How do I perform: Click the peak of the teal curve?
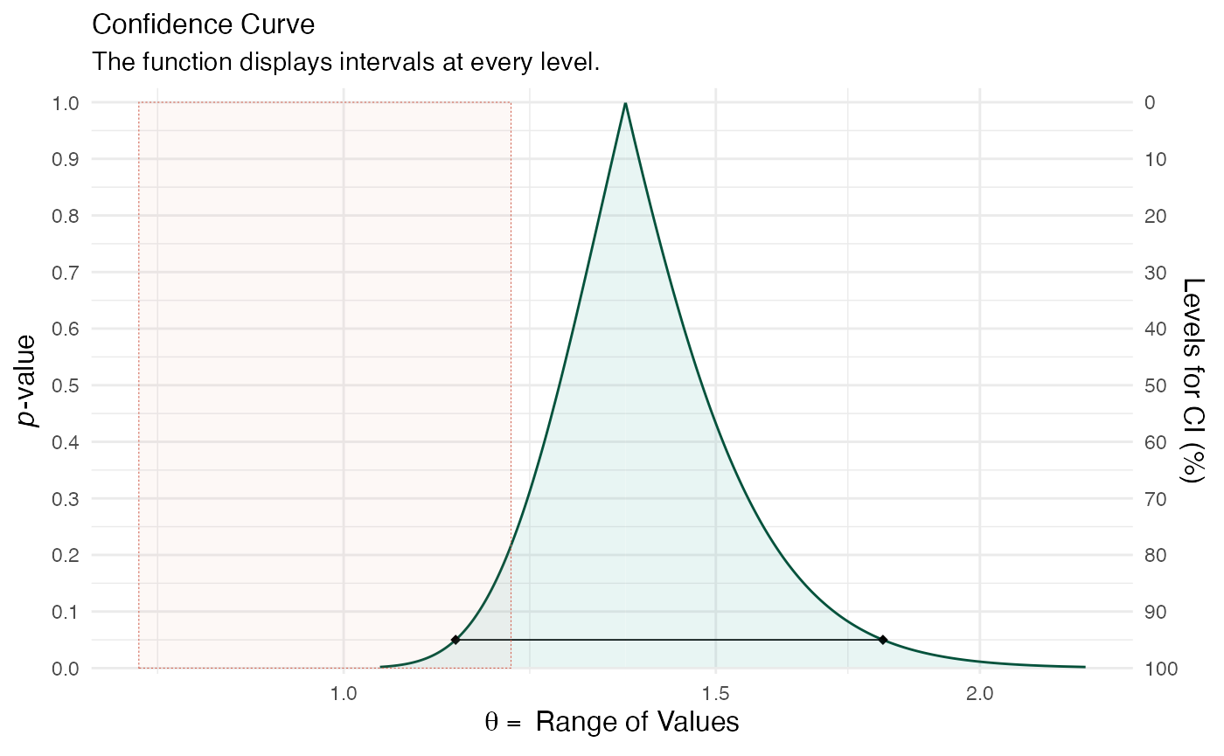[x=625, y=105]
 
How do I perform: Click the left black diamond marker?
[x=456, y=640]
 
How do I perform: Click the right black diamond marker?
[x=883, y=640]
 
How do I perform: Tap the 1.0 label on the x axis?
[x=344, y=693]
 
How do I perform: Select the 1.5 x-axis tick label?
[x=716, y=693]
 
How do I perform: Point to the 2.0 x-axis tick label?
[x=980, y=693]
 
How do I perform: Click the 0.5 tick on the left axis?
[x=66, y=385]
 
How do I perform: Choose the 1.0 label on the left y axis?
[x=66, y=103]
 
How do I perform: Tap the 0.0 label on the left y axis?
[x=66, y=669]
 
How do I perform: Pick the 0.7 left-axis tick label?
[x=66, y=273]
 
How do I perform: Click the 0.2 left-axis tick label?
[x=66, y=555]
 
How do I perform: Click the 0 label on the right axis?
[x=1149, y=103]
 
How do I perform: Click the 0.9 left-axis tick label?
[x=66, y=159]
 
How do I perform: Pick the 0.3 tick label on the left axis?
[x=66, y=499]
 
